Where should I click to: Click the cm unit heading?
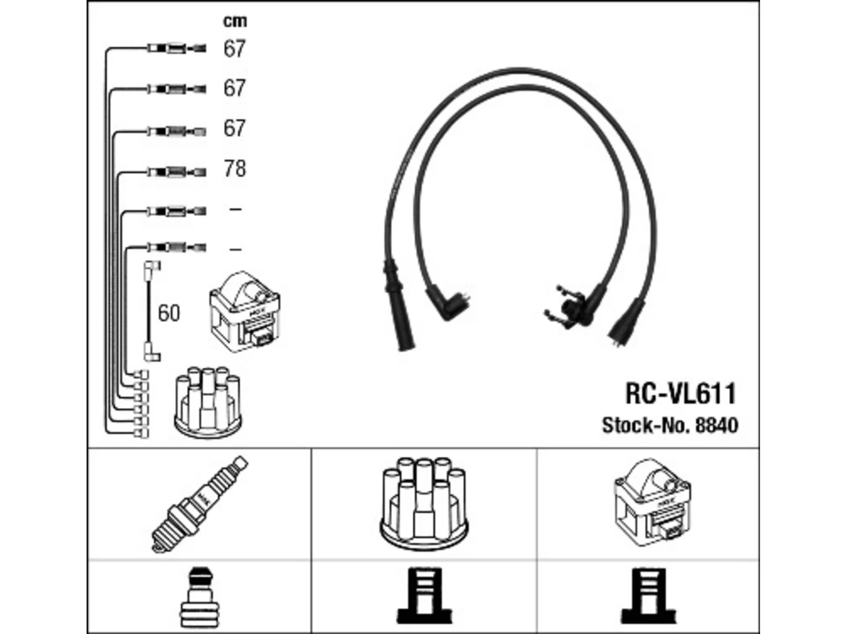pyautogui.click(x=235, y=21)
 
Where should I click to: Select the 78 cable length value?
pyautogui.click(x=235, y=168)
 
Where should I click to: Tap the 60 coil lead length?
pyautogui.click(x=169, y=313)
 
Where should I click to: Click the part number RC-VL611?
pyautogui.click(x=681, y=394)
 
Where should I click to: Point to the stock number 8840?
pyautogui.click(x=717, y=425)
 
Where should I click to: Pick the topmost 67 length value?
pyautogui.click(x=234, y=48)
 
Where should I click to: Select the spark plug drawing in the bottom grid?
pyautogui.click(x=200, y=505)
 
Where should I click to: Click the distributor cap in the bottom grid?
pyautogui.click(x=424, y=505)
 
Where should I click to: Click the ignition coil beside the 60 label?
pyautogui.click(x=245, y=312)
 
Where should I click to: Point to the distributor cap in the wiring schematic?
pyautogui.click(x=208, y=403)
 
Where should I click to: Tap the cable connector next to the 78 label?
pyautogui.click(x=177, y=172)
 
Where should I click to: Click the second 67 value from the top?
pyautogui.click(x=234, y=88)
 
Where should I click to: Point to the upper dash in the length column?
pyautogui.click(x=235, y=209)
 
